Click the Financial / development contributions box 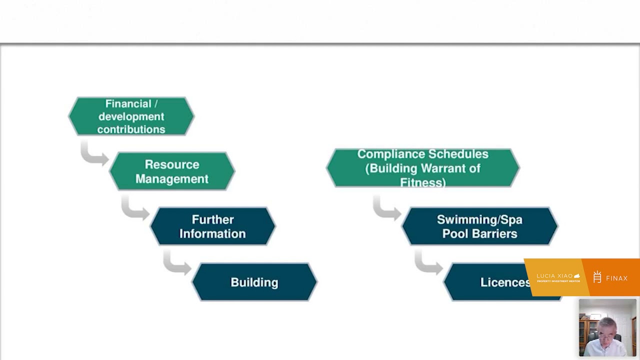coord(131,116)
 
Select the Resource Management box coord(172,171)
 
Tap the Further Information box coord(212,226)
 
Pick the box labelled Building coord(254,282)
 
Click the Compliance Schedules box coord(422,168)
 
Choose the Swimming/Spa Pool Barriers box coord(479,226)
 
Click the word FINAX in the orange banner coord(616,278)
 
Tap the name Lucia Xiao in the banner coord(554,276)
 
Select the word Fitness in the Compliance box coord(422,182)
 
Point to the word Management coord(172,179)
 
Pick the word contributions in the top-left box coord(131,129)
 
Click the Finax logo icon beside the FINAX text coord(597,277)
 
